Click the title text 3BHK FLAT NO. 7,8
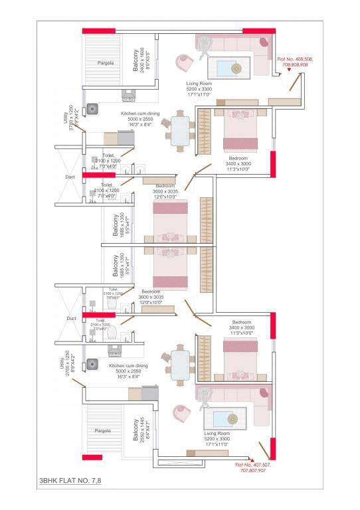pyautogui.click(x=70, y=478)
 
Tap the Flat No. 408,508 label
pyautogui.click(x=294, y=62)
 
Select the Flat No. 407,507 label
pyautogui.click(x=253, y=467)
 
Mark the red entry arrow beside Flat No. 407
pyautogui.click(x=252, y=458)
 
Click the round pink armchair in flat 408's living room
pyautogui.click(x=183, y=63)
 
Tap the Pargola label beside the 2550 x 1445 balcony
pyautogui.click(x=102, y=431)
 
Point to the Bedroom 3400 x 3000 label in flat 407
pyautogui.click(x=240, y=329)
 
